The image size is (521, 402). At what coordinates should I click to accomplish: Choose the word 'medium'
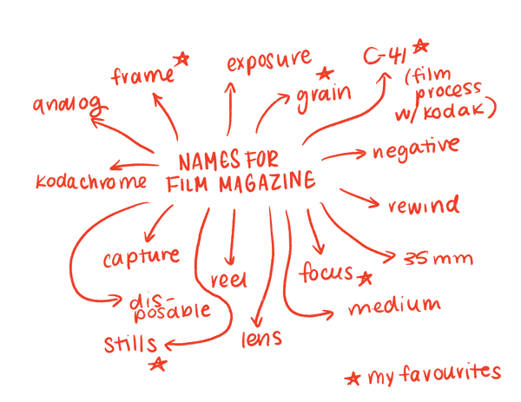[x=393, y=306]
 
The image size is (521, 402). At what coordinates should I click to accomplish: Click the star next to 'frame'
[x=184, y=58]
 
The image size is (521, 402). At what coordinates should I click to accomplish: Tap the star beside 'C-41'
[x=421, y=46]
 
